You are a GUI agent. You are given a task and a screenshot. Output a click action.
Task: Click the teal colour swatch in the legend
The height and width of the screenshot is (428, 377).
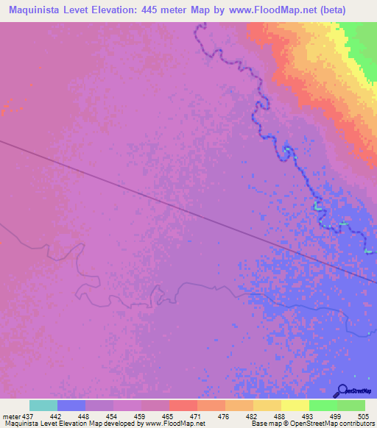click(x=43, y=405)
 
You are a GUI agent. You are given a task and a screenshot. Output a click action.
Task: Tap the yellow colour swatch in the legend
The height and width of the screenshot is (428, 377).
click(x=295, y=405)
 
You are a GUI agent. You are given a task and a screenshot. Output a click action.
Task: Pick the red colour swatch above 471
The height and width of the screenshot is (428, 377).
click(x=183, y=405)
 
